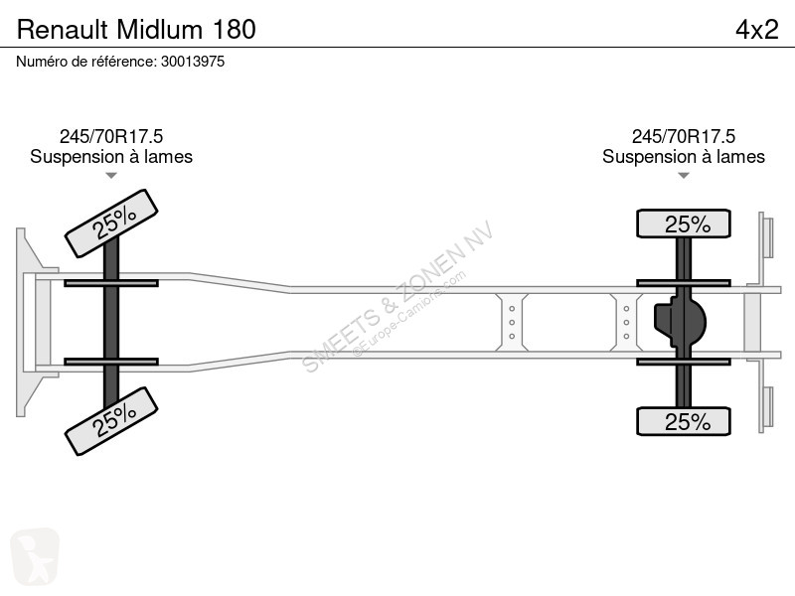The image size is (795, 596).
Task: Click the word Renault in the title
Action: point(63,30)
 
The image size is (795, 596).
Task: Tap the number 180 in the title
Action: point(235,30)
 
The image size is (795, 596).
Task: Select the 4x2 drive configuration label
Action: point(757,30)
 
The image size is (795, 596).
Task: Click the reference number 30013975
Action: point(193,62)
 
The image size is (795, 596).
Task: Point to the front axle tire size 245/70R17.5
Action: point(111,136)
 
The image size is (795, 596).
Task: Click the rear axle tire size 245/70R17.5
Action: point(684,136)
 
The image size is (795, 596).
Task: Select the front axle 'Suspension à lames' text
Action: point(111,157)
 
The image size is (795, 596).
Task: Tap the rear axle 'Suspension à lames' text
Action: point(684,157)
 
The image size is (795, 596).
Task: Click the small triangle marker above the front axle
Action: point(111,176)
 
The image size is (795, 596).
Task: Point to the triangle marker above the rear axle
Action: point(684,176)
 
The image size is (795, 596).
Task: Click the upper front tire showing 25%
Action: point(111,223)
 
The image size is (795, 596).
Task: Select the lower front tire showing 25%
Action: point(111,421)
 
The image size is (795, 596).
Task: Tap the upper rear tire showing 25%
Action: point(684,223)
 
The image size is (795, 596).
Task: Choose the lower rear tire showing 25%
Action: point(684,421)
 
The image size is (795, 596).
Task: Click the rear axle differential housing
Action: point(680,322)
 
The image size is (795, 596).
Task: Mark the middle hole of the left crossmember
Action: point(512,322)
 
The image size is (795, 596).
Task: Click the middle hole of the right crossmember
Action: point(627,322)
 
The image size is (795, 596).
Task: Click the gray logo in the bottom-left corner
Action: point(35,556)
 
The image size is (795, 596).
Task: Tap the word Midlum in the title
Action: point(160,30)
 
